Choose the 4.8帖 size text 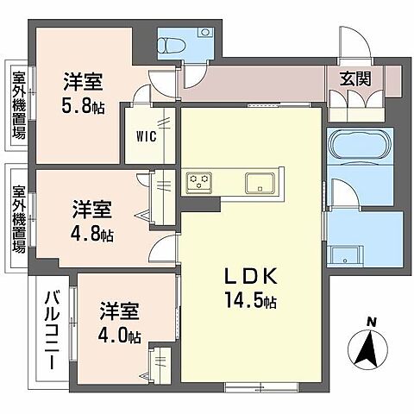tap(91, 233)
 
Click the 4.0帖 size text tap(119, 337)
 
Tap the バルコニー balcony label tap(51, 333)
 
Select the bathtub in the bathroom tap(361, 149)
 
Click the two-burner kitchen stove tap(200, 181)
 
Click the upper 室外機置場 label tap(18, 104)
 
